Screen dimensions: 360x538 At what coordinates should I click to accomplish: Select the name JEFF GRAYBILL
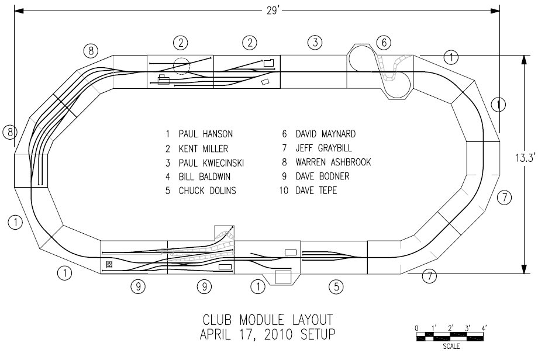pyautogui.click(x=325, y=148)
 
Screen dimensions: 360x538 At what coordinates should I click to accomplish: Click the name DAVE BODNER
pyautogui.click(x=323, y=176)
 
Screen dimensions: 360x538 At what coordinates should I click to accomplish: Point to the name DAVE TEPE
pyautogui.click(x=317, y=191)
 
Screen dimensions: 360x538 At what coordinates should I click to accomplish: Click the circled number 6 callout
pyautogui.click(x=383, y=42)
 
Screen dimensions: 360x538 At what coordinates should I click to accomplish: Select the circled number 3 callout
pyautogui.click(x=315, y=42)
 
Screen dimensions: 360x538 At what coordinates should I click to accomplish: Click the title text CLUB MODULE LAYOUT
pyautogui.click(x=268, y=320)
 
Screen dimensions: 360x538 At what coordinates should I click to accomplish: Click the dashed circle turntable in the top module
pyautogui.click(x=181, y=67)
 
